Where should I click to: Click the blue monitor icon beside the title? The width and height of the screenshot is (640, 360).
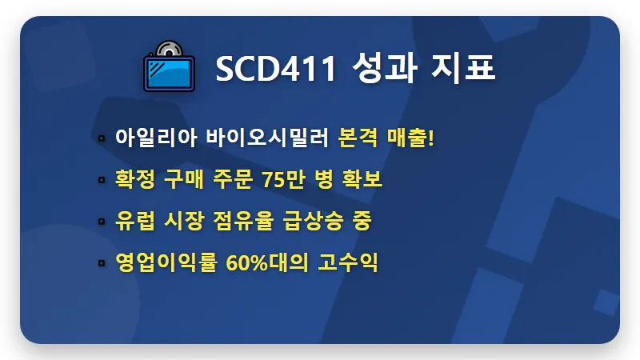tap(170, 73)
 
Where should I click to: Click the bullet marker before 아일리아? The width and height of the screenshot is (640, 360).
tap(102, 139)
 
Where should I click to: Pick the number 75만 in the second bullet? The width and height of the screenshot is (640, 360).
tap(285, 180)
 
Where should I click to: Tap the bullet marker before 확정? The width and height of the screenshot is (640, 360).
tap(102, 182)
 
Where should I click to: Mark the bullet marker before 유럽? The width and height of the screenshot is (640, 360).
tap(102, 223)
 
